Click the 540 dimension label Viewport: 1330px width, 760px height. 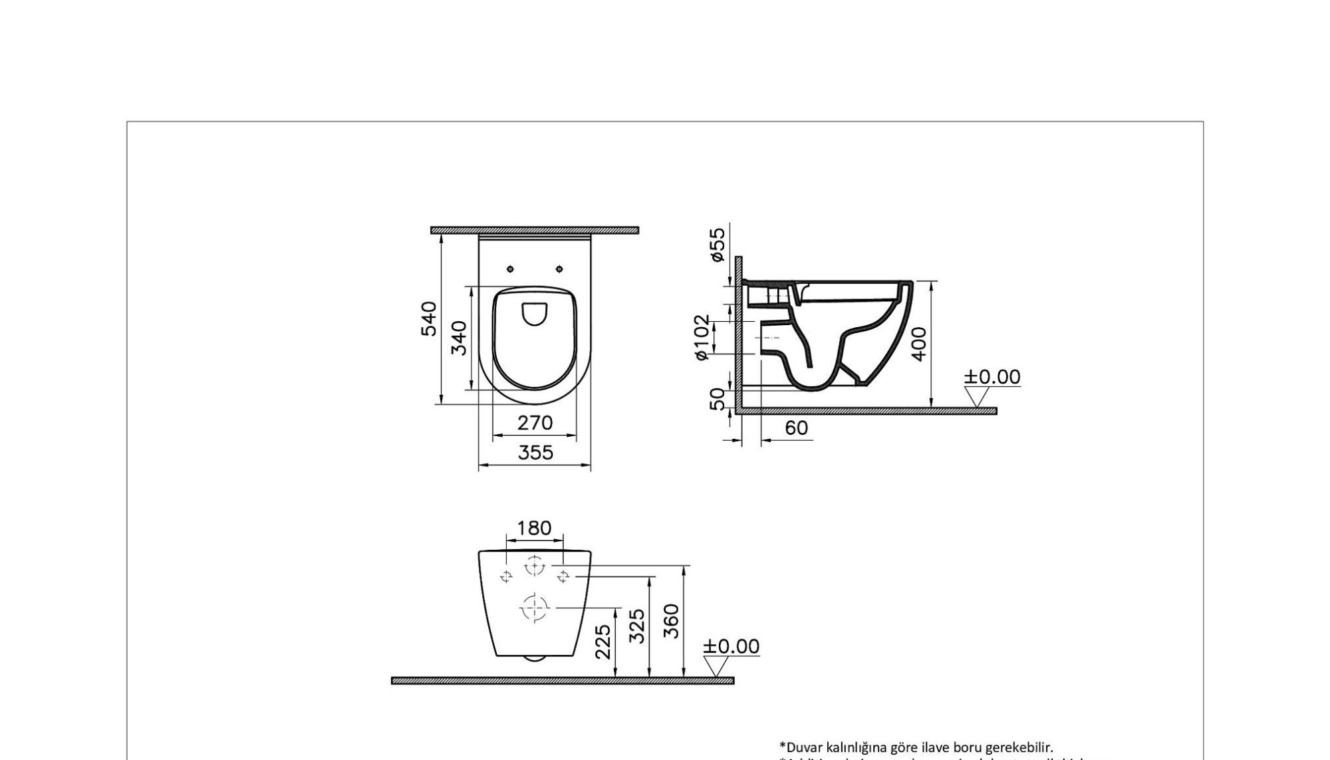pos(430,318)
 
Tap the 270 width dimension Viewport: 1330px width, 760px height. pos(535,423)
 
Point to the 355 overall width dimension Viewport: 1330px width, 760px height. pos(535,453)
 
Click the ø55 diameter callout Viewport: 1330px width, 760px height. pos(717,245)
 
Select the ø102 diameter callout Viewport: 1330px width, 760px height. pos(702,338)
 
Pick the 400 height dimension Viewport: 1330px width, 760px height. pos(918,343)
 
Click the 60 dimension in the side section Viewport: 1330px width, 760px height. pos(796,428)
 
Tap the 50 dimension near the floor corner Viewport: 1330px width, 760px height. pos(718,399)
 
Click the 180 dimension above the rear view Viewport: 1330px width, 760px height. pos(534,528)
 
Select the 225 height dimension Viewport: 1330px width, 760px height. pos(602,642)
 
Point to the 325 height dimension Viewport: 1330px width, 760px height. pos(637,626)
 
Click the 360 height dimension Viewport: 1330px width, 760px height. pos(672,620)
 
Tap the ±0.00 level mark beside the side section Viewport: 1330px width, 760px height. pos(992,377)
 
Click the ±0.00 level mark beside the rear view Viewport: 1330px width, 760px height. pos(731,646)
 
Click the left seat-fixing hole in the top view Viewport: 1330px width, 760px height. pos(510,269)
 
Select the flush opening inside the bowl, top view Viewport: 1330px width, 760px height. pos(534,314)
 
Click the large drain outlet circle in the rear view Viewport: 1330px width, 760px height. pos(535,608)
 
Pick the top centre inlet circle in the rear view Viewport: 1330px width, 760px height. pos(534,566)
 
